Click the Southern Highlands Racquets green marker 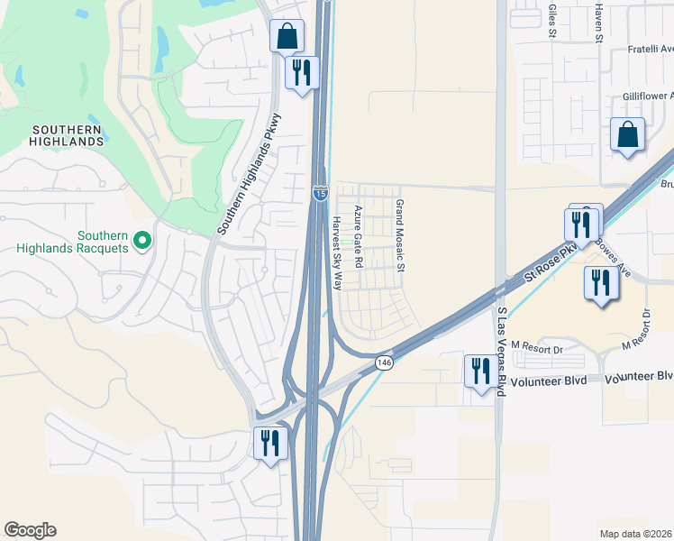pyautogui.click(x=141, y=240)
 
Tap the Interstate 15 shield pyautogui.click(x=320, y=192)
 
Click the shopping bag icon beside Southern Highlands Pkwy pyautogui.click(x=287, y=37)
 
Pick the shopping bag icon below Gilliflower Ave pyautogui.click(x=627, y=135)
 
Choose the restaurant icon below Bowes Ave pyautogui.click(x=598, y=283)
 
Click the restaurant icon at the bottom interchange pyautogui.click(x=269, y=444)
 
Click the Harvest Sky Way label pyautogui.click(x=337, y=253)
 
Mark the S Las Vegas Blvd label pyautogui.click(x=502, y=350)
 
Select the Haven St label pyautogui.click(x=597, y=22)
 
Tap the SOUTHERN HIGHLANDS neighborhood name pyautogui.click(x=66, y=135)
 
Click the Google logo pyautogui.click(x=30, y=530)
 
